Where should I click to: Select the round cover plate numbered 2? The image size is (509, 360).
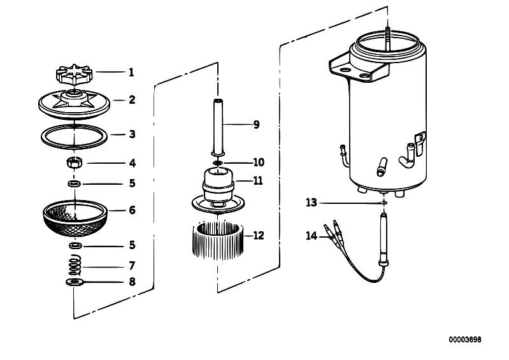[75, 102]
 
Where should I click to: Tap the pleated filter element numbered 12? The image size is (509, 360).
[219, 239]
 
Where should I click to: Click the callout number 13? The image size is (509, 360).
[311, 202]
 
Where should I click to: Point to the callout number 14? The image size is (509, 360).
[311, 235]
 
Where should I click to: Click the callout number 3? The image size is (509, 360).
[132, 134]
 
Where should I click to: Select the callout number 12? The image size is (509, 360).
[258, 235]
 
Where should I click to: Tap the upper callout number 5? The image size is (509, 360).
[132, 184]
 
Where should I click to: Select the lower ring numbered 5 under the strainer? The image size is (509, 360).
[74, 245]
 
